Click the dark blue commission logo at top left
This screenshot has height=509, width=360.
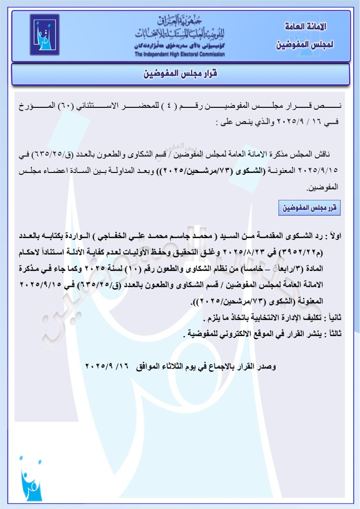click(x=45, y=35)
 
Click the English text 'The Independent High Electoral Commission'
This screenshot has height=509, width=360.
click(x=180, y=54)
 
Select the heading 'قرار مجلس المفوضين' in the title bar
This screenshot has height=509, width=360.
click(x=180, y=74)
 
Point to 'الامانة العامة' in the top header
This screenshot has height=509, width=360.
click(x=305, y=26)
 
